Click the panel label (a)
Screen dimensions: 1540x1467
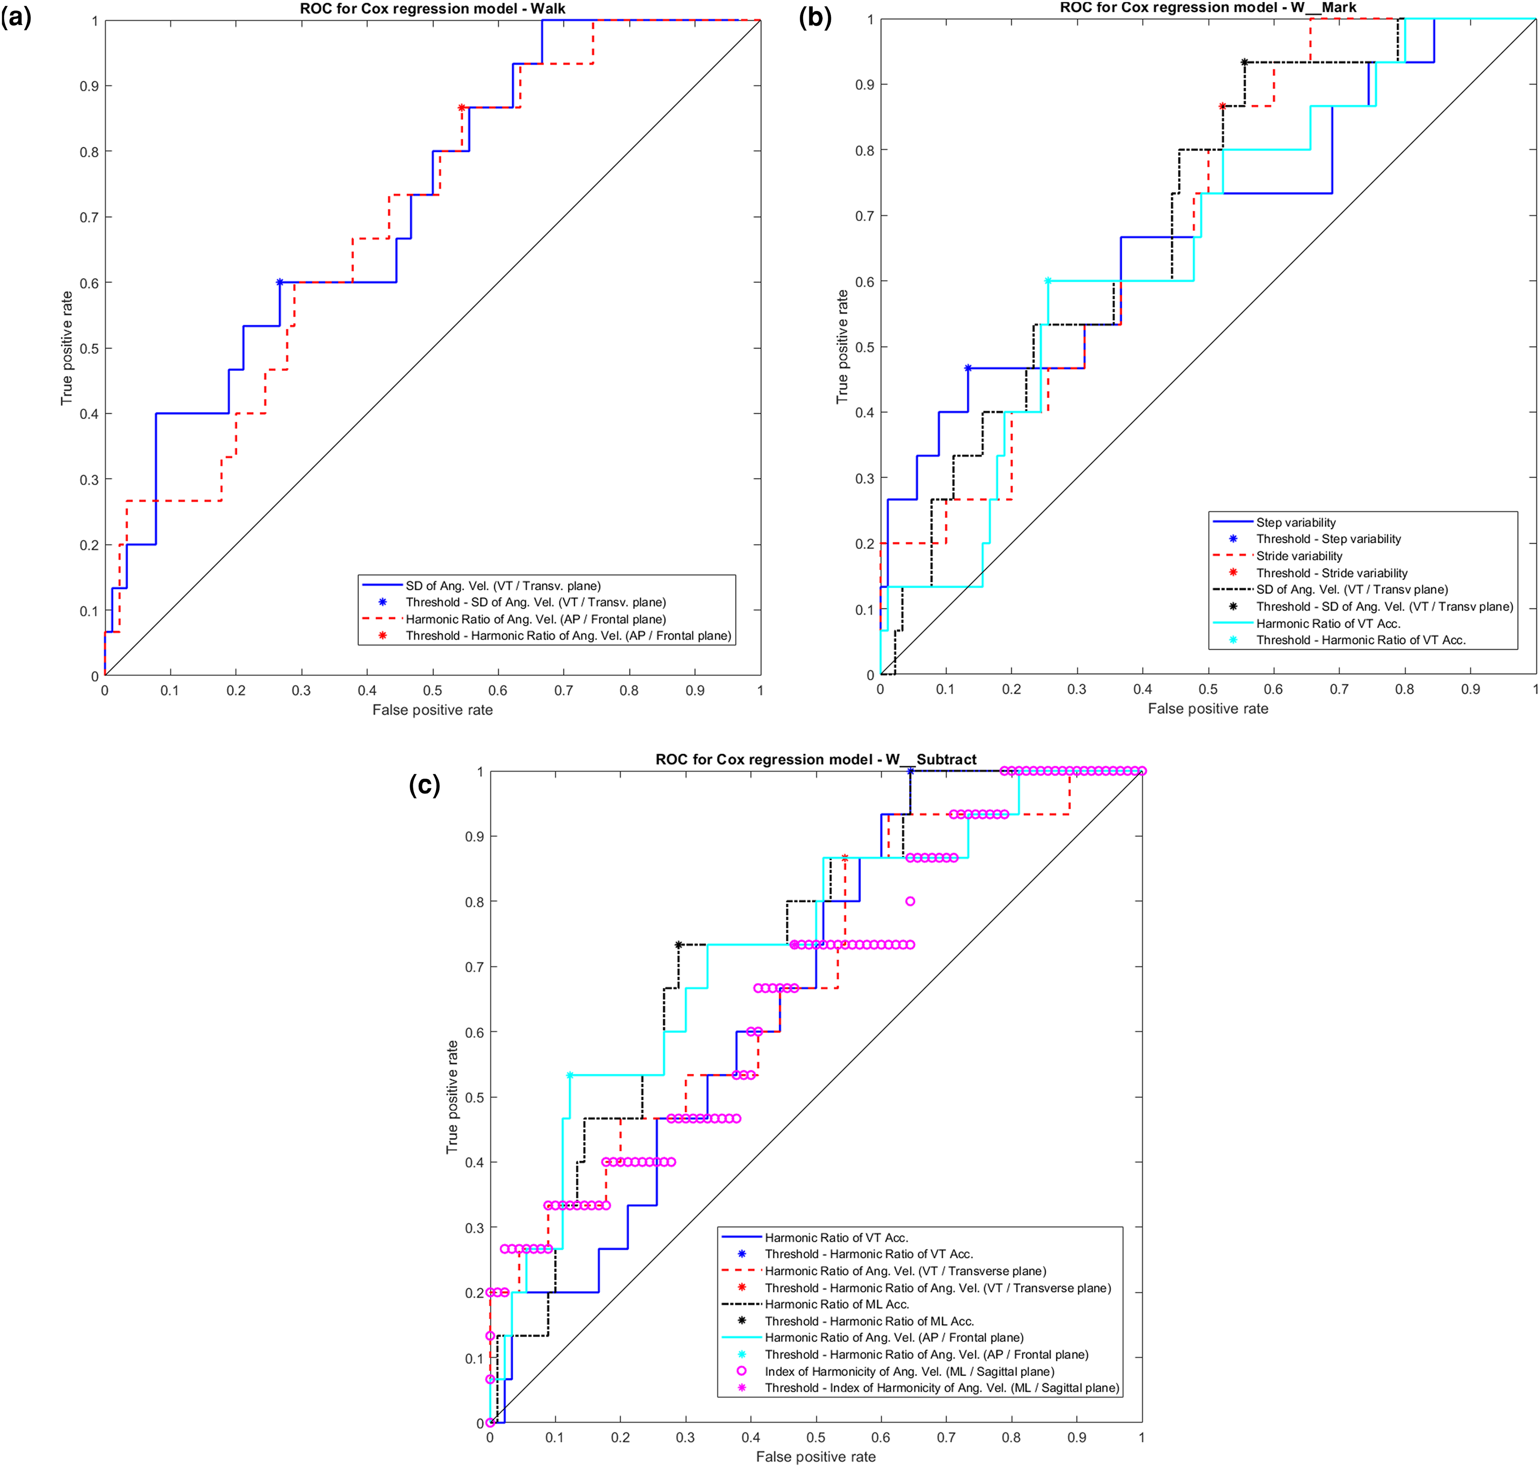(x=16, y=17)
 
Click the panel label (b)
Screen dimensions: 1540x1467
(x=815, y=17)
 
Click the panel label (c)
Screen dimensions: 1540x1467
(x=425, y=784)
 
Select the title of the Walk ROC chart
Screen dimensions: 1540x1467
(x=432, y=9)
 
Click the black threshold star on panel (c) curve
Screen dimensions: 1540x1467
(x=678, y=945)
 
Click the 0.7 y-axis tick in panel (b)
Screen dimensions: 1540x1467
(x=865, y=216)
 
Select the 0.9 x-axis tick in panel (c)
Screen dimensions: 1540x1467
(x=1076, y=1437)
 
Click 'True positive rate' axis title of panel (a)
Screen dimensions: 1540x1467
(x=67, y=348)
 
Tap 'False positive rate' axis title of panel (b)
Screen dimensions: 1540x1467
(x=1208, y=709)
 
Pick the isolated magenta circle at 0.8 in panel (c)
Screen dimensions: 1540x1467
(x=910, y=901)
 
